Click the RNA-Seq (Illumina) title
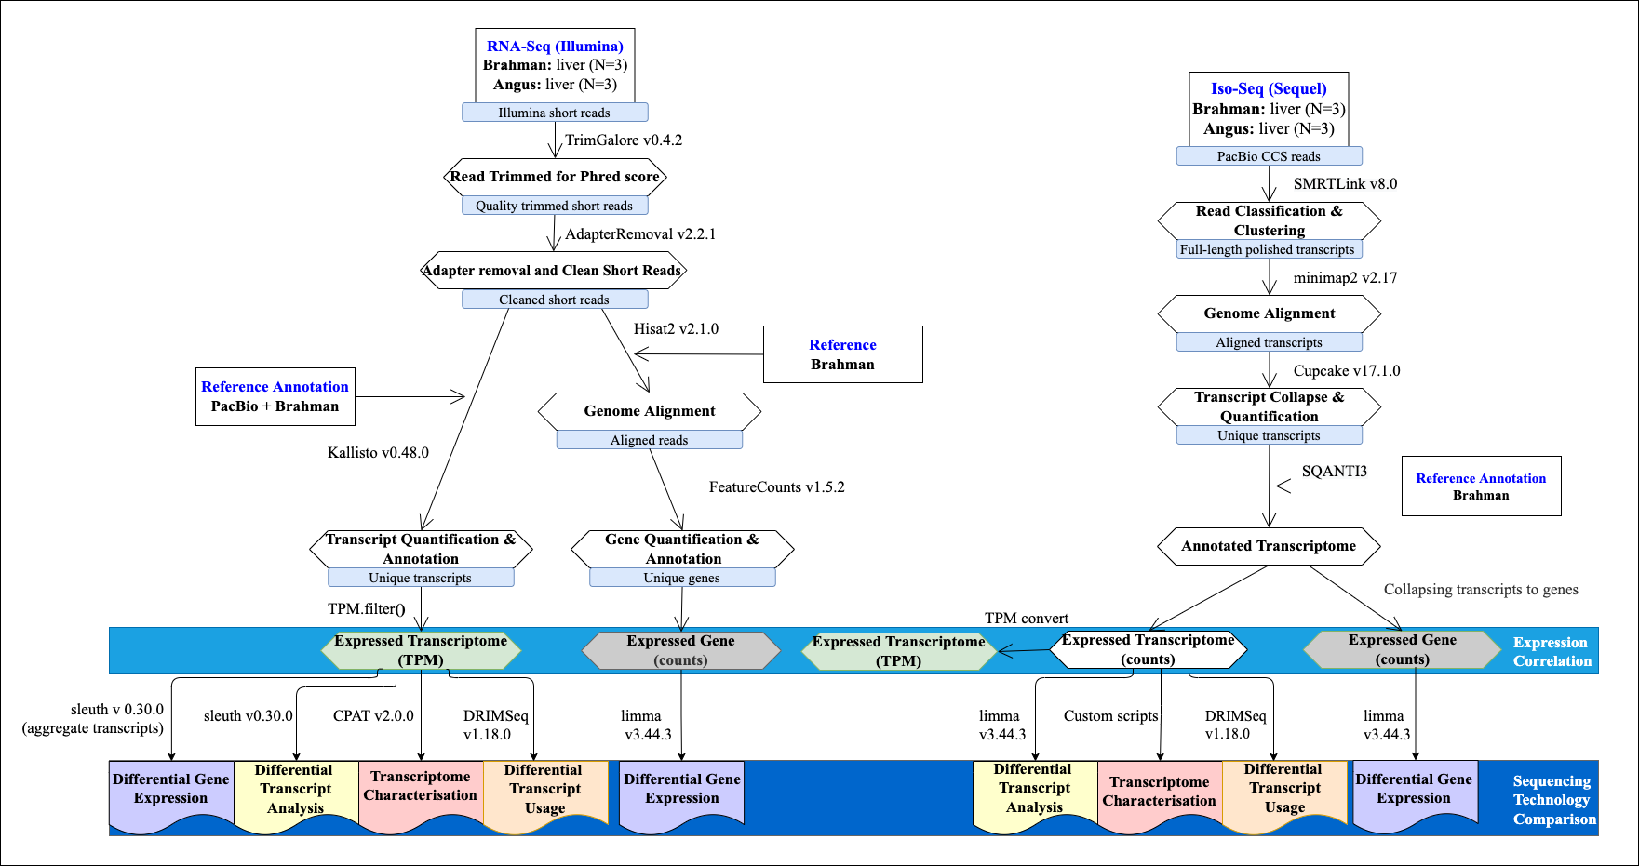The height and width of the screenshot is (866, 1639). pyautogui.click(x=555, y=46)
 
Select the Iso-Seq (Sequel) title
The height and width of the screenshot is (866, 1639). pyautogui.click(x=1269, y=88)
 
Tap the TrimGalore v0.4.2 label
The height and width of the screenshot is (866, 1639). pyautogui.click(x=624, y=140)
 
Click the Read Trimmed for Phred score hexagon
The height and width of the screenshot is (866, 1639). pyautogui.click(x=555, y=177)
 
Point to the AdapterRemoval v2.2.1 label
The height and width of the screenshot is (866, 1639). pyautogui.click(x=640, y=234)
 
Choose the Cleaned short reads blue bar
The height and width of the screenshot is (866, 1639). pyautogui.click(x=555, y=300)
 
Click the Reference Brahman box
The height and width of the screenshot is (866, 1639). pyautogui.click(x=842, y=354)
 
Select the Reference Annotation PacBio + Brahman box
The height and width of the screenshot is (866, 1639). pyautogui.click(x=275, y=397)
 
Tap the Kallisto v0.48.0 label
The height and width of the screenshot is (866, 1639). pyautogui.click(x=378, y=453)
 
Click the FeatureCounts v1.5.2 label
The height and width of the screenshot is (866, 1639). pyautogui.click(x=776, y=487)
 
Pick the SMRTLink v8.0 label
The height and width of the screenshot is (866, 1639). pyautogui.click(x=1345, y=184)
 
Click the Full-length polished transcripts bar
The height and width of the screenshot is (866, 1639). pyautogui.click(x=1268, y=249)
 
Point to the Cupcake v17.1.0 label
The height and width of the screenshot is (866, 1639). pyautogui.click(x=1346, y=371)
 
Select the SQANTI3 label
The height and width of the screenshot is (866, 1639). pyautogui.click(x=1334, y=472)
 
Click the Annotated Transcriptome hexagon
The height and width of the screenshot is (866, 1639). pyautogui.click(x=1269, y=546)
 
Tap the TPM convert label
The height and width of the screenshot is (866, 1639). pyautogui.click(x=1027, y=619)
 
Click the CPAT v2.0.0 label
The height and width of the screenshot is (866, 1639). pyautogui.click(x=373, y=716)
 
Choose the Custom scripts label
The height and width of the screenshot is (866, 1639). pyautogui.click(x=1110, y=716)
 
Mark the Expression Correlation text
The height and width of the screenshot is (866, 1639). pyautogui.click(x=1552, y=652)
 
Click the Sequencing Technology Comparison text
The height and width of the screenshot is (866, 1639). pyautogui.click(x=1553, y=800)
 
